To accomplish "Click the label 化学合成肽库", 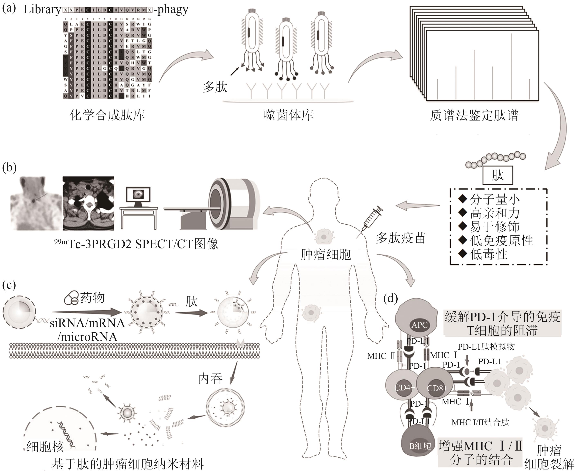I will tap(107, 115).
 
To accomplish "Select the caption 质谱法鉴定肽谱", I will tap(474, 115).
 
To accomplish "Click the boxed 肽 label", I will tap(498, 175).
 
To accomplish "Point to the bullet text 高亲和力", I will tap(494, 213).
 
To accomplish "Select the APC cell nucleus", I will tap(419, 325).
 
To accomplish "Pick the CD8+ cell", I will tap(435, 387).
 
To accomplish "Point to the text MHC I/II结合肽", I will tap(480, 422).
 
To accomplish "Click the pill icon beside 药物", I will tap(71, 298).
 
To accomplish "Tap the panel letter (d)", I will tap(390, 298).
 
